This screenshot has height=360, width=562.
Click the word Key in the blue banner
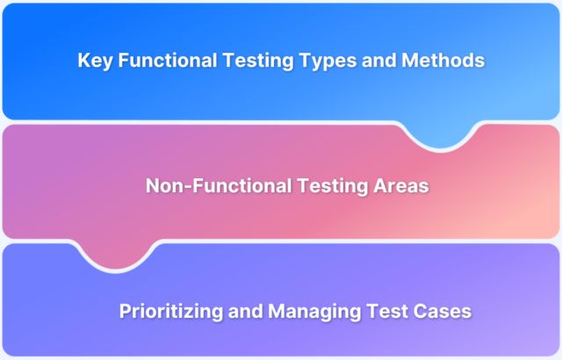[93, 61]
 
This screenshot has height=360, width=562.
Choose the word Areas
[393, 186]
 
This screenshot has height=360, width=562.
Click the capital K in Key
[83, 61]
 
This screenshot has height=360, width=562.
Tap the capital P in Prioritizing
[124, 311]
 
